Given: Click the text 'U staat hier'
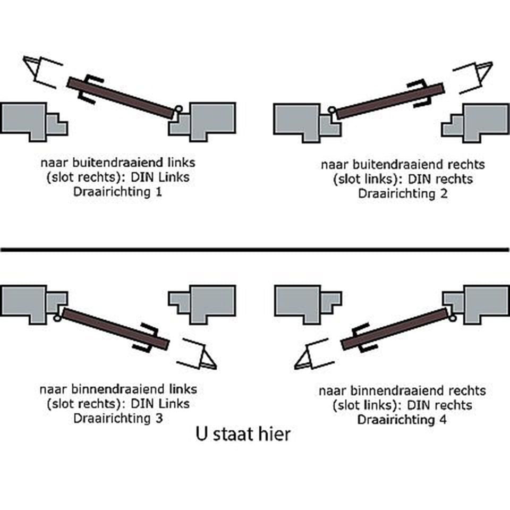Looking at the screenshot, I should [243, 434].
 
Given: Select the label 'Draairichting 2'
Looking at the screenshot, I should [402, 193].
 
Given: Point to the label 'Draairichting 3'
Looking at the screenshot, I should [117, 418].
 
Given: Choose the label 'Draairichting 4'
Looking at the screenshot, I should [402, 420].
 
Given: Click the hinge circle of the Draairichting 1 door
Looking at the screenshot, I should [178, 109].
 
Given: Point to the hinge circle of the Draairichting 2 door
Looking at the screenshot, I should [331, 110].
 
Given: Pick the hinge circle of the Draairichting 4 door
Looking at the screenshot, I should [452, 318].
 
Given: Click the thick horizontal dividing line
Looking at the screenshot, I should [255, 249].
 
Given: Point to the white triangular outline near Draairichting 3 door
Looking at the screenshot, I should [208, 361].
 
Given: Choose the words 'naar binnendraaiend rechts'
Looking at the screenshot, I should [402, 391].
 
